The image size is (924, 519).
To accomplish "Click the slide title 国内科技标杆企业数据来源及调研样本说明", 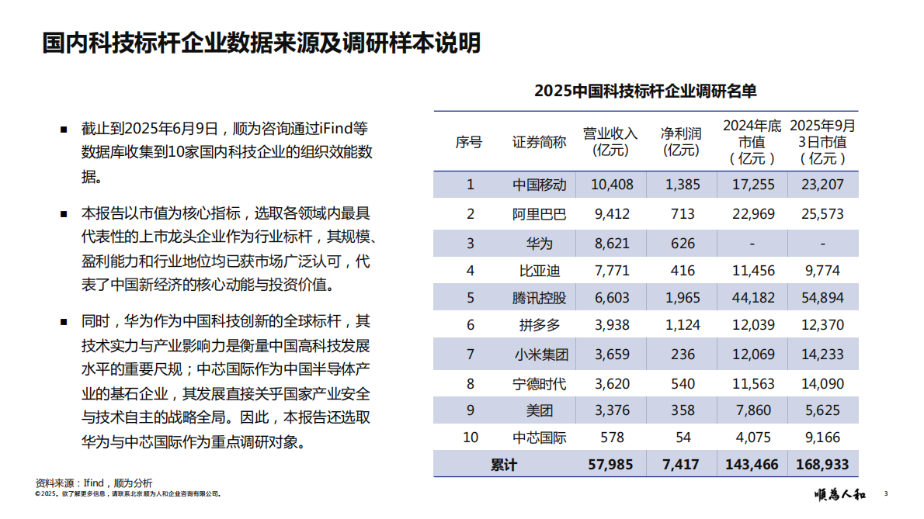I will (262, 43).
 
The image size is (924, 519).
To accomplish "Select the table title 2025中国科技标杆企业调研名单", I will (645, 92).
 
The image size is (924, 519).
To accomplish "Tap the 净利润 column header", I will (682, 141).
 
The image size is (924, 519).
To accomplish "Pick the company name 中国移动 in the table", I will (540, 185).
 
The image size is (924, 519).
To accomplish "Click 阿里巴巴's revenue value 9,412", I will (610, 213).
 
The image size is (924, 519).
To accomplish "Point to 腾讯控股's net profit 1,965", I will (683, 297).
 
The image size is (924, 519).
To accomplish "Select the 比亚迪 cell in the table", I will (540, 270).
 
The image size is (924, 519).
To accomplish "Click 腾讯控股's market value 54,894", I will (822, 297).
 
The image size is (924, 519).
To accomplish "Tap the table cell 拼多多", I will (540, 325).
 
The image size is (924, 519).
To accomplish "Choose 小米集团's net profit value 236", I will (683, 354).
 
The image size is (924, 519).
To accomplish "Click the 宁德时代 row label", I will (540, 382).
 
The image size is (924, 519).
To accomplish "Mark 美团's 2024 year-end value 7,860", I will (752, 410).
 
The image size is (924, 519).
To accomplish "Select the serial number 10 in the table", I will (471, 438).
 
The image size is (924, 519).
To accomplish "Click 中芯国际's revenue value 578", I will (612, 438).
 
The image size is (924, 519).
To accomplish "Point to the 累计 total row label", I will (504, 465).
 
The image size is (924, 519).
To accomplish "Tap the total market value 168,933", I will (822, 465).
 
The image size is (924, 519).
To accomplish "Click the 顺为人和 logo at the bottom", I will (840, 494).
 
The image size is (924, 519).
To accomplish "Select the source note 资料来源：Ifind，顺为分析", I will (94, 483).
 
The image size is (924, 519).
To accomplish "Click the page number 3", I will (886, 494).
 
